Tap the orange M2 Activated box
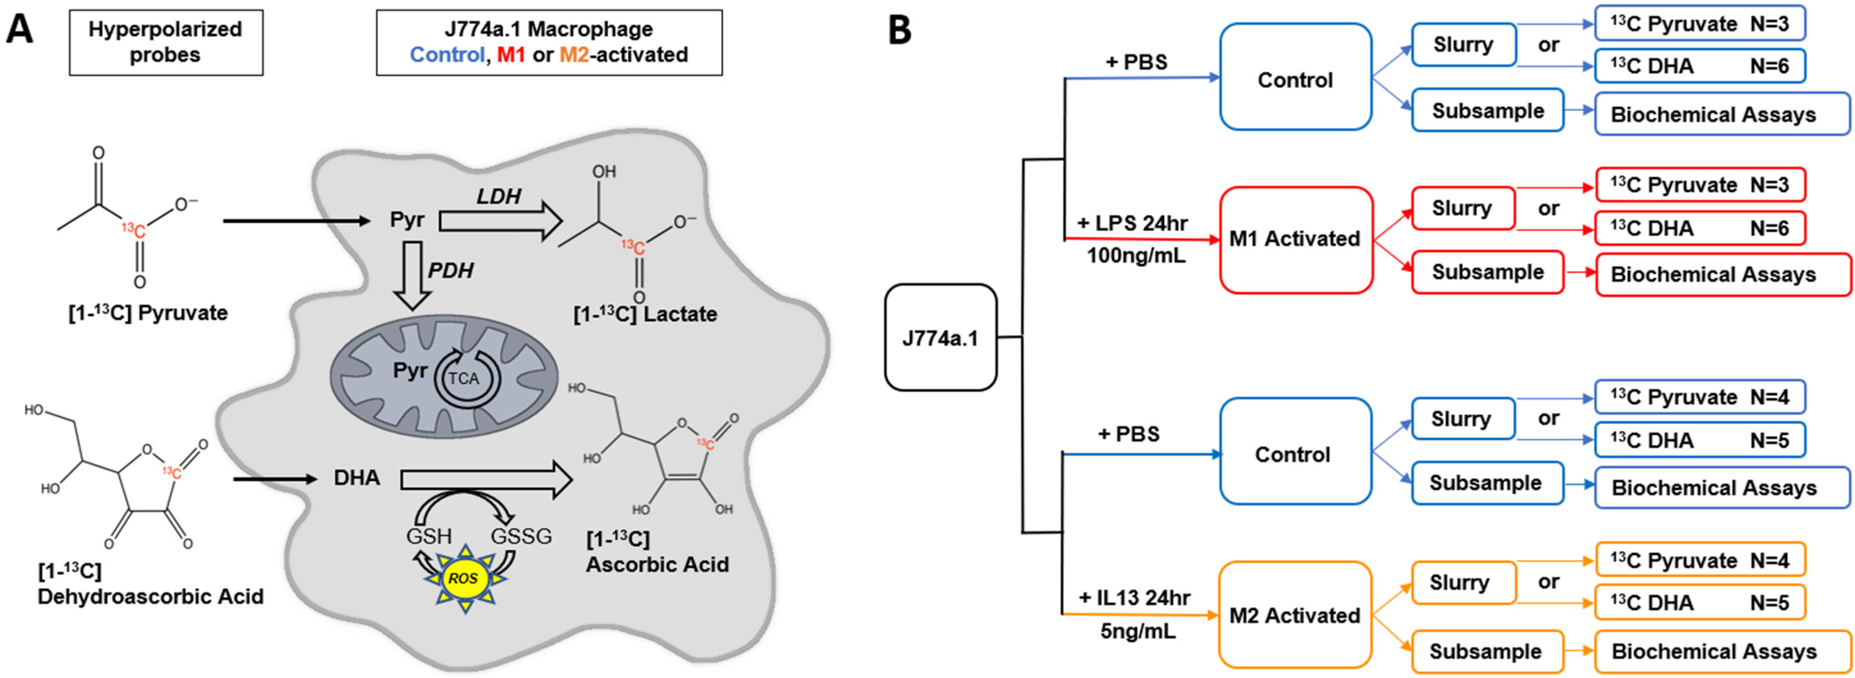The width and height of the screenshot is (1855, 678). tap(1295, 615)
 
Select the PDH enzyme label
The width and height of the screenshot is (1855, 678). tap(451, 271)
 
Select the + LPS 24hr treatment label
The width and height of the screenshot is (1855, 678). tap(1132, 223)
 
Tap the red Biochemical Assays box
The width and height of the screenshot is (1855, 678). tap(1722, 274)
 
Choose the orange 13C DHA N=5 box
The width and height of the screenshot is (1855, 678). tap(1700, 603)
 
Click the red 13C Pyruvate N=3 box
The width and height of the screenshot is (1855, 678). tap(1700, 185)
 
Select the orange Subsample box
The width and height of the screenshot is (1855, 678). tap(1486, 651)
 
